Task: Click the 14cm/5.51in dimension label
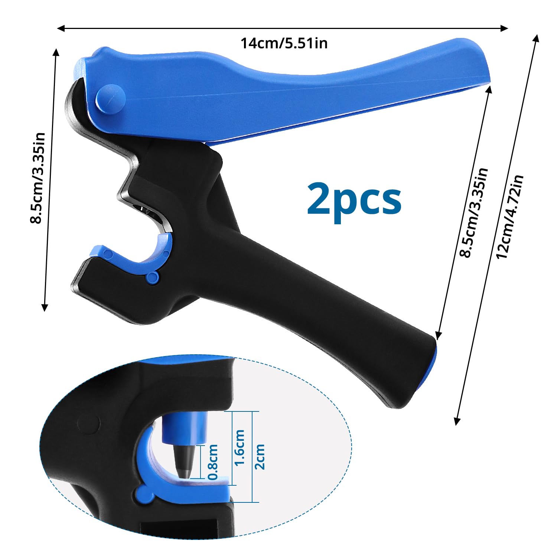point(284,43)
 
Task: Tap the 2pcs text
point(354,199)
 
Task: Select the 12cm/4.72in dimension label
point(509,217)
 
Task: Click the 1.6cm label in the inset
point(240,447)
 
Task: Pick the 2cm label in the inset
point(260,457)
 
